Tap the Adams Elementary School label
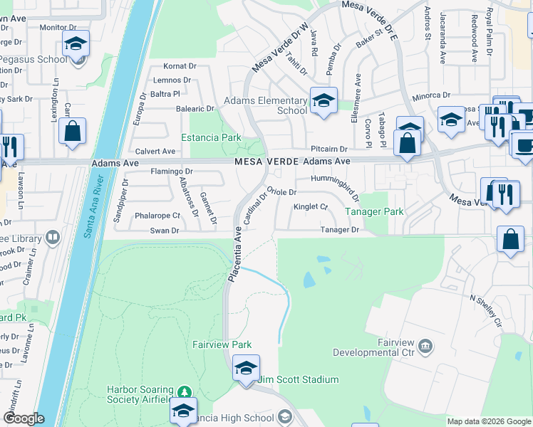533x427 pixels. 266,105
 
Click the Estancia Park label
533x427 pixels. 211,137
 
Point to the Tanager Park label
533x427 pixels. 375,211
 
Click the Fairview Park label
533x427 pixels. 222,344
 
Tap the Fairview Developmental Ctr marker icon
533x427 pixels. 425,347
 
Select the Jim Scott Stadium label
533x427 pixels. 297,380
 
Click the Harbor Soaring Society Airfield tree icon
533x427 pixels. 185,392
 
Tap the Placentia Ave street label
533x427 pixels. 233,255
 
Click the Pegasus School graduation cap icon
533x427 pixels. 76,44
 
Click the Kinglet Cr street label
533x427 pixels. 310,207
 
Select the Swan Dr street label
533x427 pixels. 164,231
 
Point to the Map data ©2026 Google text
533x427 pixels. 488,421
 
